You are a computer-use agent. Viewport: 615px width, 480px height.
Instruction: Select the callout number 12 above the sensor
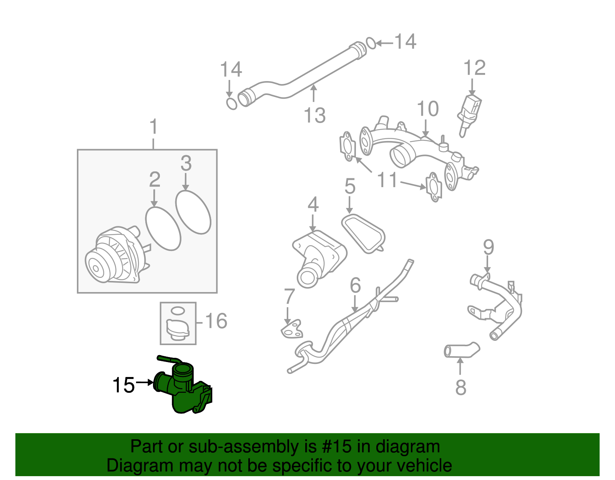pos(474,68)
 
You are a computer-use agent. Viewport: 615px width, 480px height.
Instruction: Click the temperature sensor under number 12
pos(470,112)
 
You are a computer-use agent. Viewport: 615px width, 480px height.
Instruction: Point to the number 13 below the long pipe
pos(314,115)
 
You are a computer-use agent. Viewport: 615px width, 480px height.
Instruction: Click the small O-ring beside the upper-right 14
pos(371,43)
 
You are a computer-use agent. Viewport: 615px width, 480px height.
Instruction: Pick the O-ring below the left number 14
pos(232,103)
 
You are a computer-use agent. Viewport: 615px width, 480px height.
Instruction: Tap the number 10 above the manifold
pos(427,109)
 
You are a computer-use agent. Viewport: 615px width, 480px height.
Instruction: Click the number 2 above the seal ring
pos(155,179)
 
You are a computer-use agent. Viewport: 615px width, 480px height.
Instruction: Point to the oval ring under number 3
pos(193,212)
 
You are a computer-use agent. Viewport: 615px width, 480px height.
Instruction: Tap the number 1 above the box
pos(153,127)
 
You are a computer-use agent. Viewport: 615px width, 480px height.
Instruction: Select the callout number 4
pos(313,204)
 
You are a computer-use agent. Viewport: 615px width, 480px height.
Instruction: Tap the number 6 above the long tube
pos(355,285)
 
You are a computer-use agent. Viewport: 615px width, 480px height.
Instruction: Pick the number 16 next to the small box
pos(216,321)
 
